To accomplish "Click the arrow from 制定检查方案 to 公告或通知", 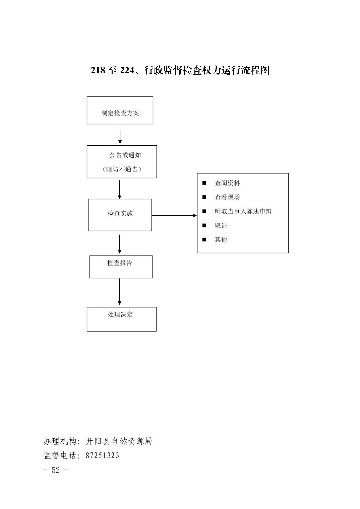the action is coord(120,135).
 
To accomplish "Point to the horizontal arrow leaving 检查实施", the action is coord(174,215).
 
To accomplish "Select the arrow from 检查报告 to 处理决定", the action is coord(119,292).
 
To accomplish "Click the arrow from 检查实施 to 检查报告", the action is coord(119,244).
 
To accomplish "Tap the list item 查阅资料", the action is coord(227,183).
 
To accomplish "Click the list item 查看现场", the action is coord(227,197).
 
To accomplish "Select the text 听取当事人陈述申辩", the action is coord(243,211).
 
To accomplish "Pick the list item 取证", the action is coord(221,225).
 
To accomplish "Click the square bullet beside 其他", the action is coord(204,239).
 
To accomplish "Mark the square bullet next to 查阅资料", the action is coord(204,183).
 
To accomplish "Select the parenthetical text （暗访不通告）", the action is coord(122,169).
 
